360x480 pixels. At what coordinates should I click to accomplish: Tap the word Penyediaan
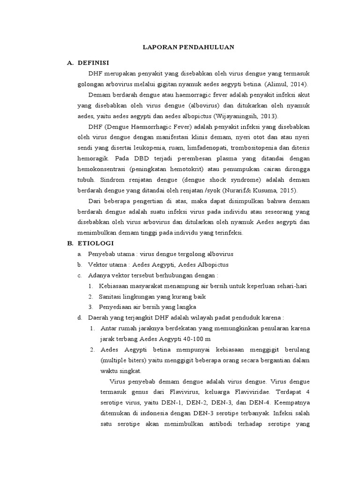pyautogui.click(x=115, y=307)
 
